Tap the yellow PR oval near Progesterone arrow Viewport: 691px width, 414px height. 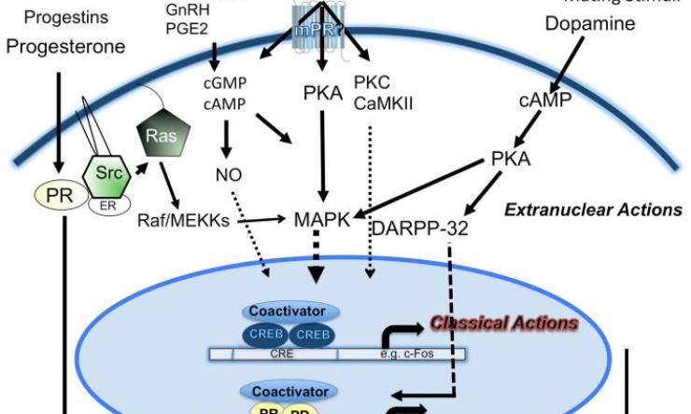[x=53, y=196]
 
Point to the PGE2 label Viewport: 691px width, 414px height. [x=182, y=28]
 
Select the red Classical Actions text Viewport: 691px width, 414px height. [x=503, y=324]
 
